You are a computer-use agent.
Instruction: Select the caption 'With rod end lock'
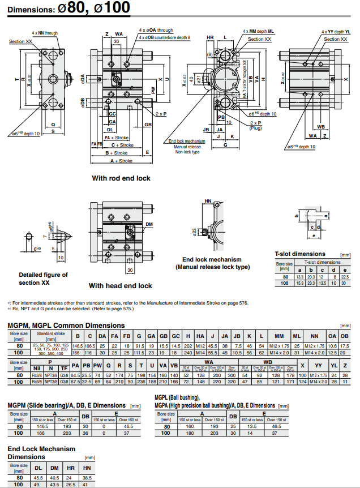[121, 178]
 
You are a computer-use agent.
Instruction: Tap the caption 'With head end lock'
[120, 286]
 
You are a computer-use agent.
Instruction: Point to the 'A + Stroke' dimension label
[121, 161]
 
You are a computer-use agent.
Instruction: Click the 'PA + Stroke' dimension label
[117, 138]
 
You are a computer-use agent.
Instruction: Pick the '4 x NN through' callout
[45, 33]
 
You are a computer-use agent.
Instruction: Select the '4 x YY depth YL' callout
[336, 32]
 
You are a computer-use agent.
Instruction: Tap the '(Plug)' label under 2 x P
[255, 128]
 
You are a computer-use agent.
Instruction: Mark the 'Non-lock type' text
[187, 152]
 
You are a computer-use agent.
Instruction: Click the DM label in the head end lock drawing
[149, 225]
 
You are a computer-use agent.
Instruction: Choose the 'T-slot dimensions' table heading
[300, 254]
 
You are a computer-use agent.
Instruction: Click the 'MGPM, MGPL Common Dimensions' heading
[66, 325]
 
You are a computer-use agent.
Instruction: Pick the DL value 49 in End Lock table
[38, 485]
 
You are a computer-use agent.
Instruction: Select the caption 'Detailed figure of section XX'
[43, 279]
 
